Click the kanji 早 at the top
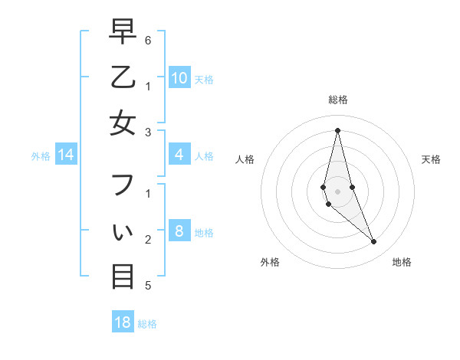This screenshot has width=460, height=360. click(x=123, y=31)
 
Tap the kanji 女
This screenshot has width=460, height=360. click(x=123, y=123)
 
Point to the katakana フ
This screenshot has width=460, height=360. click(x=123, y=185)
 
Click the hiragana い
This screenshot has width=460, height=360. click(x=123, y=231)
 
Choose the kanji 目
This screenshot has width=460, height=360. click(x=123, y=276)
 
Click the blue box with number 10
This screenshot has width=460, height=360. click(x=179, y=77)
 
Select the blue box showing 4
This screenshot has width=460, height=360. click(x=179, y=155)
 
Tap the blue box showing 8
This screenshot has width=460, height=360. click(x=179, y=231)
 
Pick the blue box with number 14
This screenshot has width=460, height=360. click(x=66, y=155)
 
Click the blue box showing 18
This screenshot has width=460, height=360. click(x=123, y=322)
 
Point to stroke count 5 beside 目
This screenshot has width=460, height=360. click(x=148, y=286)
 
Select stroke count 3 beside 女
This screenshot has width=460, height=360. click(x=148, y=132)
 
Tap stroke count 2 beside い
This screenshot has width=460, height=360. click(x=148, y=240)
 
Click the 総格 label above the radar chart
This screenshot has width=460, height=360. click(x=338, y=100)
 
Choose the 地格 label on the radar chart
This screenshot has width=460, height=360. click(x=402, y=262)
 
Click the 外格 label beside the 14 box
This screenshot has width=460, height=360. click(x=41, y=156)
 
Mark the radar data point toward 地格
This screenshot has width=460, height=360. click(x=374, y=241)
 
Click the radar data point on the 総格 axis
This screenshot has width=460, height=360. click(x=338, y=129)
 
